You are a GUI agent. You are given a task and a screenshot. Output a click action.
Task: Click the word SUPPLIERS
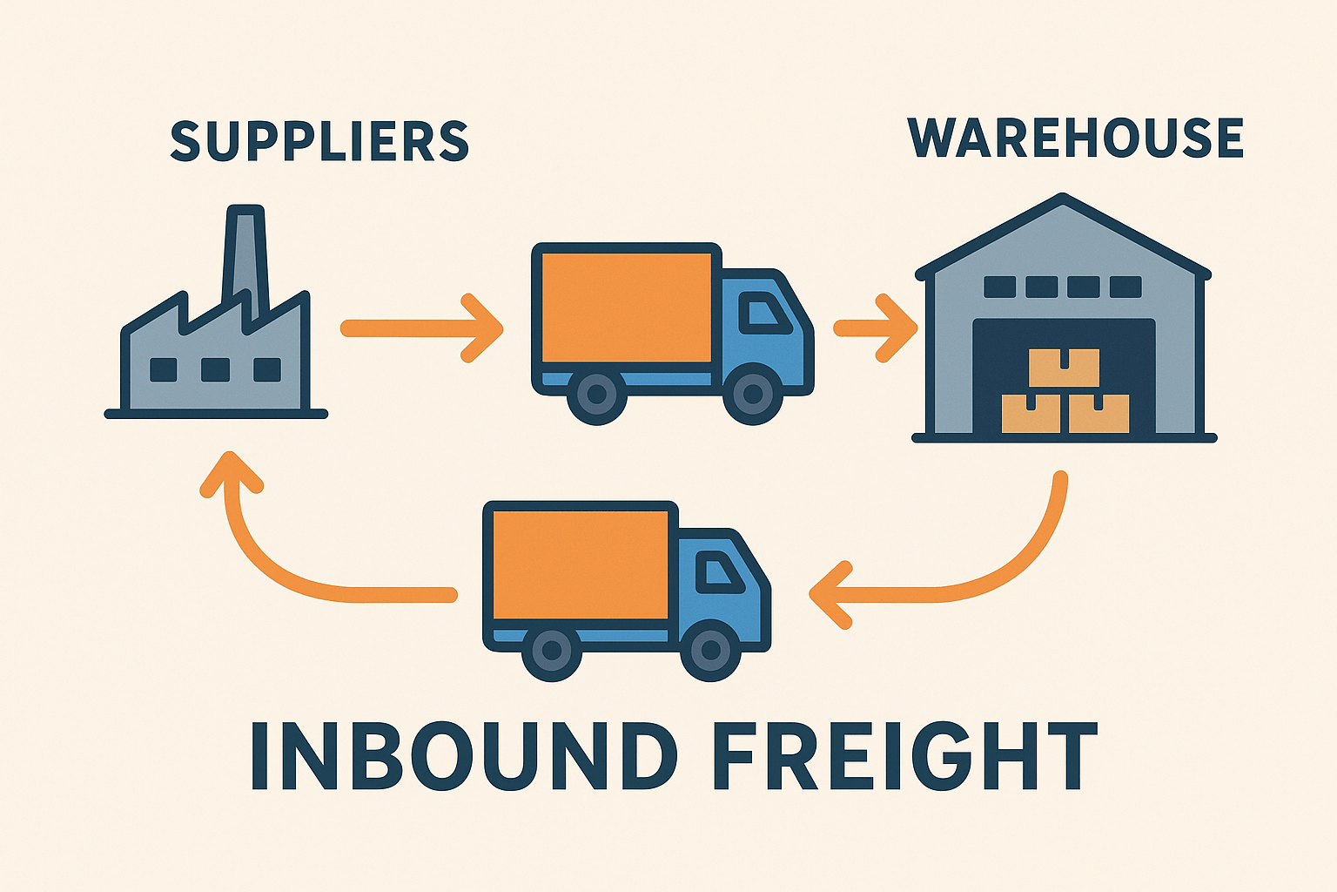pyautogui.click(x=319, y=141)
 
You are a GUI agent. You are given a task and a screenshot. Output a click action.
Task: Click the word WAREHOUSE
pyautogui.click(x=1076, y=138)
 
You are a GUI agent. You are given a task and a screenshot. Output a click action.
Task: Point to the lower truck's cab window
pyautogui.click(x=719, y=571)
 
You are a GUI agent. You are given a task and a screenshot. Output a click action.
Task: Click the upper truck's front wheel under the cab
pyautogui.click(x=753, y=395)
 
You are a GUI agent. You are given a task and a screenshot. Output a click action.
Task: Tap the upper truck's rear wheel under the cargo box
pyautogui.click(x=597, y=395)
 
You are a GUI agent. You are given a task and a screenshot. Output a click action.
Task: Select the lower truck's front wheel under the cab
pyautogui.click(x=710, y=651)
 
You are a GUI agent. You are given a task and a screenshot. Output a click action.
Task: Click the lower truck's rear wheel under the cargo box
pyautogui.click(x=552, y=651)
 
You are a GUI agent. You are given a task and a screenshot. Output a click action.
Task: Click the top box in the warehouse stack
pyautogui.click(x=1064, y=368)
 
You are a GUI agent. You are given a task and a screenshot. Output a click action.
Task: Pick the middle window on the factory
pyautogui.click(x=215, y=370)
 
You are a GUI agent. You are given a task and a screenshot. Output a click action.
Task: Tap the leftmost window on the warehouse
pyautogui.click(x=999, y=287)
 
